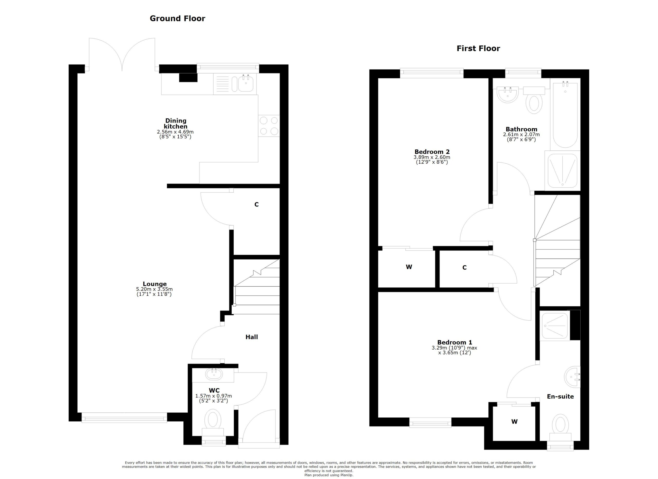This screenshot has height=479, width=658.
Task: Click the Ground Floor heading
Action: [x=177, y=19]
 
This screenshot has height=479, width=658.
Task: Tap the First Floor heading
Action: [x=478, y=48]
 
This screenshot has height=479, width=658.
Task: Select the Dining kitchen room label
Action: [x=176, y=124]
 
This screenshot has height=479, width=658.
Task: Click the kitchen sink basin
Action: [x=246, y=83]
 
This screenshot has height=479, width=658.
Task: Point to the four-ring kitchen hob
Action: [x=269, y=126]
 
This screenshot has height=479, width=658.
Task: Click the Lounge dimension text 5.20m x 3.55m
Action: [x=154, y=289]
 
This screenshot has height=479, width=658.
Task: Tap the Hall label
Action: [x=252, y=337]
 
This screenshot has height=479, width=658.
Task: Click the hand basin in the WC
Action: [x=214, y=374]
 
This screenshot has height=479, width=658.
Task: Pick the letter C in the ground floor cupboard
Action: [x=257, y=205]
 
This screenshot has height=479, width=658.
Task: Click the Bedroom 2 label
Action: [x=432, y=152]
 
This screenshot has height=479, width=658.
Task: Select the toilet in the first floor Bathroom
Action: [x=534, y=100]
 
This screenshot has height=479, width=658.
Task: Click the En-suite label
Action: [x=560, y=397]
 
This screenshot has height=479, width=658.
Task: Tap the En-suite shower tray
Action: [x=555, y=326]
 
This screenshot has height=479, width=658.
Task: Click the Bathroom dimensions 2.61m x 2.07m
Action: [x=521, y=135]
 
